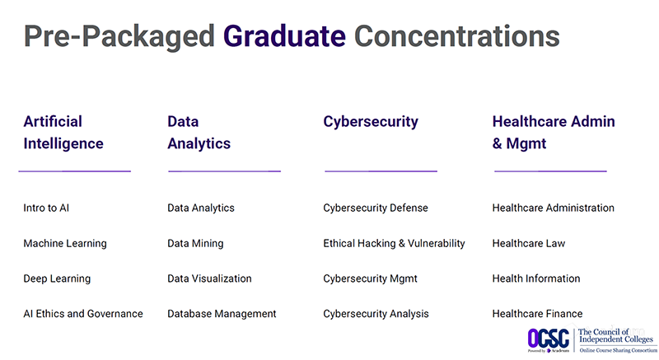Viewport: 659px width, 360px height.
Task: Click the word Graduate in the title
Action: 284,36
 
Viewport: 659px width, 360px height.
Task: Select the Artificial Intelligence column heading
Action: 63,132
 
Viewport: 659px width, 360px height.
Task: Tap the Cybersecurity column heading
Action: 370,122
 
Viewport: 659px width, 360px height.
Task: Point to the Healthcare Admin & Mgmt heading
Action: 553,132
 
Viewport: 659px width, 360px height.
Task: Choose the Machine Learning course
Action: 65,244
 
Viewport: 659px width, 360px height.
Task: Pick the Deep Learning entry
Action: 57,278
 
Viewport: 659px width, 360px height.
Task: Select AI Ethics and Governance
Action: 83,314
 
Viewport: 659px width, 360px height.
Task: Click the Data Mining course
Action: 195,244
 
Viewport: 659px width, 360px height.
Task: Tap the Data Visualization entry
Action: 209,278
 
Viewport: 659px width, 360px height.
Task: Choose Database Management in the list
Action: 222,314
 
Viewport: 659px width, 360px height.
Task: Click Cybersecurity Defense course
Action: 376,208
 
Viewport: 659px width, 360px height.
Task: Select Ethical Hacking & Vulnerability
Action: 394,244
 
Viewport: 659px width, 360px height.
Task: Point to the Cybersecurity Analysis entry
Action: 376,314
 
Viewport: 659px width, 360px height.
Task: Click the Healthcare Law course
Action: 529,244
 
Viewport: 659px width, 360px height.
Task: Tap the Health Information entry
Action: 536,278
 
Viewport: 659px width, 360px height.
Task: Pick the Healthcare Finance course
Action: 537,314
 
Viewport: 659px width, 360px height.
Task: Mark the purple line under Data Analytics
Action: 224,171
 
